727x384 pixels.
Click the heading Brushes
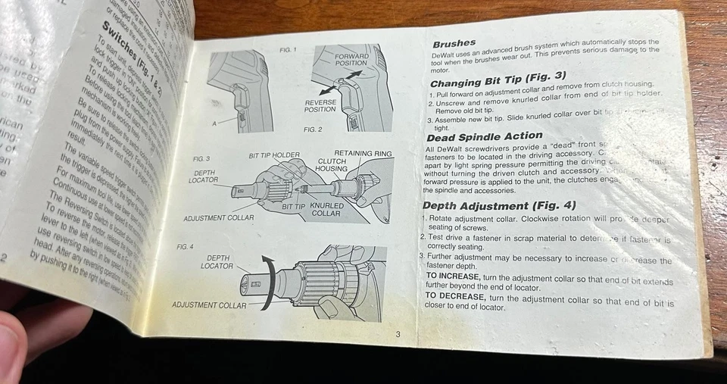click(454, 44)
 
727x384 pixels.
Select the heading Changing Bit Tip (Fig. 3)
click(498, 77)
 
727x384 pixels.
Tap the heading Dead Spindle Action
click(485, 137)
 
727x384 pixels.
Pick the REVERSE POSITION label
click(320, 106)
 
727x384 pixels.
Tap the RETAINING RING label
click(363, 154)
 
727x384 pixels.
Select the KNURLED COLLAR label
click(326, 209)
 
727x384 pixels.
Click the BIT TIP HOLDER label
click(274, 155)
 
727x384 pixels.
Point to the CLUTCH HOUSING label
click(332, 164)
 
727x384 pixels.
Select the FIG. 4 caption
click(186, 247)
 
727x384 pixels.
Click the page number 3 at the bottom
click(398, 334)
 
